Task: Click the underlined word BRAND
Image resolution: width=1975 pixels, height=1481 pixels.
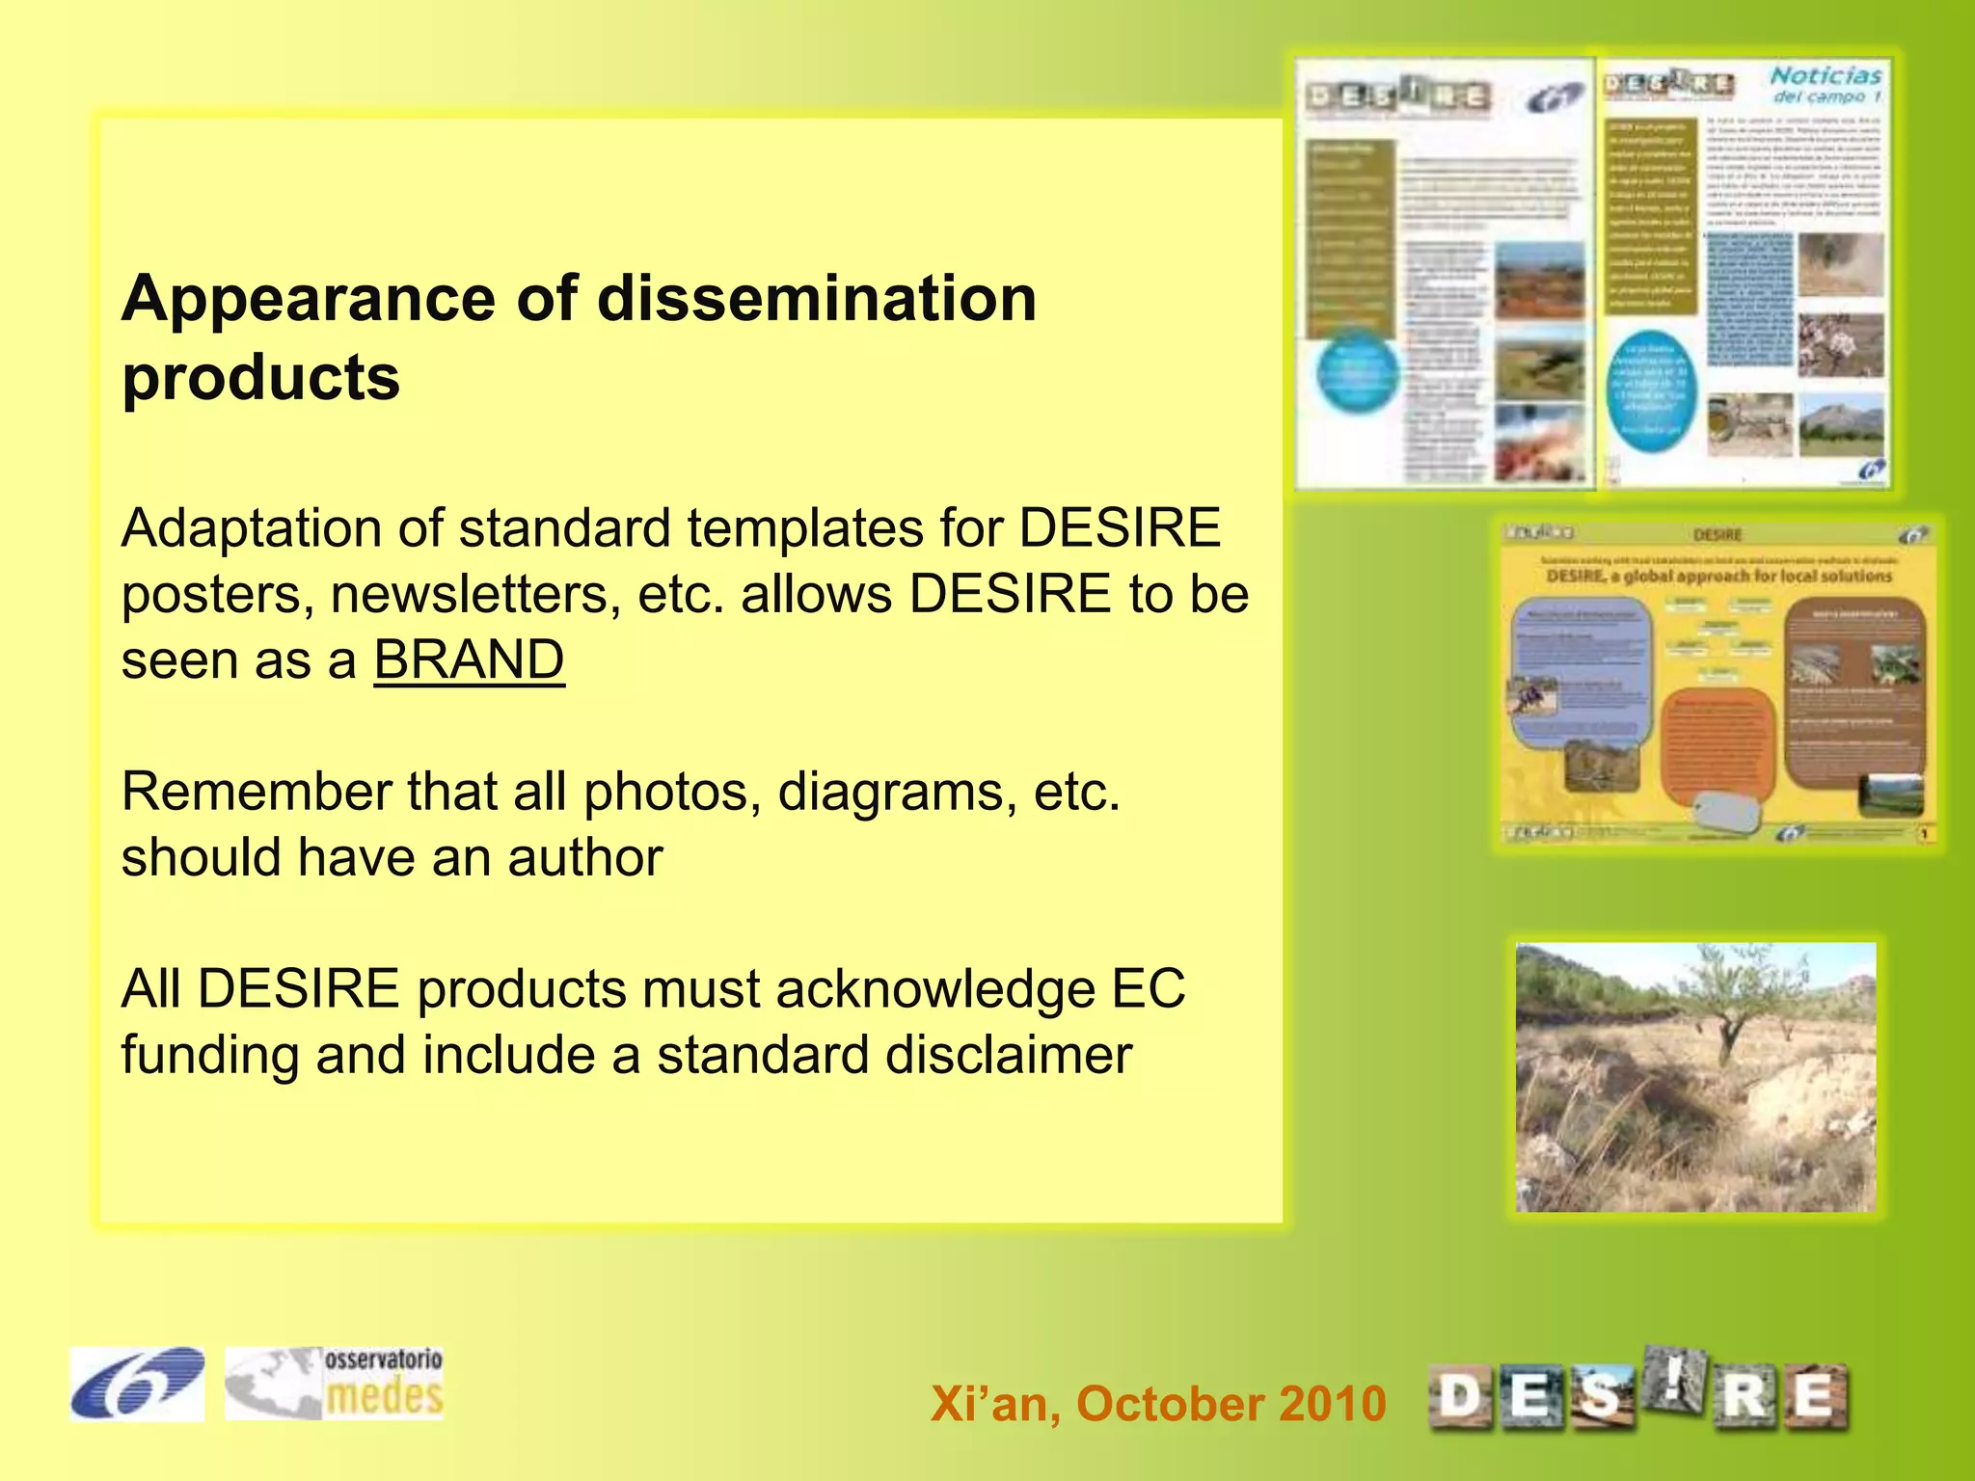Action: [469, 660]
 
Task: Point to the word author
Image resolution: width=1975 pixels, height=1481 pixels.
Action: [585, 857]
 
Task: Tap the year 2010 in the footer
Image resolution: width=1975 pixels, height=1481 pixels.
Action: [1333, 1403]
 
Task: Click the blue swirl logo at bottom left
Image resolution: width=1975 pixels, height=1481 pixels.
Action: [137, 1384]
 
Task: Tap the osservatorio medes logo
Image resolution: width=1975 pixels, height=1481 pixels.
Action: [335, 1384]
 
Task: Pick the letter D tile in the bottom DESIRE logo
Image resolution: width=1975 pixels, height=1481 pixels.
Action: [1459, 1397]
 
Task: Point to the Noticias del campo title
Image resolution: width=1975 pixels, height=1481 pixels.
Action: [1826, 84]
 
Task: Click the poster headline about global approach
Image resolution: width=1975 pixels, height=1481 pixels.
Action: [1718, 577]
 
